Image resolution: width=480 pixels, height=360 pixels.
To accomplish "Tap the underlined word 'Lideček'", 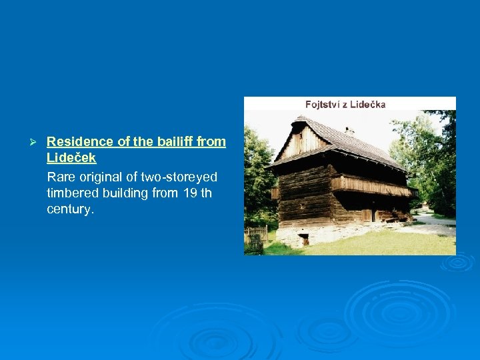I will click(x=71, y=159).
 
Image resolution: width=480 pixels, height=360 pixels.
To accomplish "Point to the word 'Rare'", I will click(x=60, y=177).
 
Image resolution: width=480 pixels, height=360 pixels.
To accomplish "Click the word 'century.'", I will click(x=71, y=209).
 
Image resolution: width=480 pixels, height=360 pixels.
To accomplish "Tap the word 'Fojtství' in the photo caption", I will click(x=322, y=104).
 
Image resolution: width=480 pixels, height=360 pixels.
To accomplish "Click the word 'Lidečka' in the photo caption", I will click(x=368, y=104).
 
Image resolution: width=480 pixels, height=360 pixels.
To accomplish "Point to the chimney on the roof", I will click(x=349, y=131).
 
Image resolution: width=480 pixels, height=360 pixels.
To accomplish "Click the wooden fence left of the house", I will click(x=257, y=234).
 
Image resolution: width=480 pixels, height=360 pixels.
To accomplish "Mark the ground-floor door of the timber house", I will click(x=367, y=215).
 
